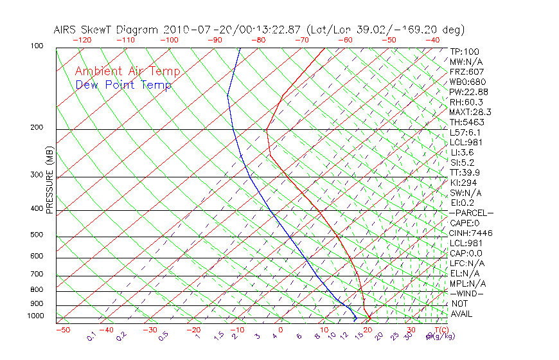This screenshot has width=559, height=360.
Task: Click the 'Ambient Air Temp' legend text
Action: [x=128, y=71]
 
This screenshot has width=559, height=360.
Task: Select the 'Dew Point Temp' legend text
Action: [x=123, y=85]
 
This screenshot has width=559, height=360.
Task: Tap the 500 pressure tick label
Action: [x=37, y=235]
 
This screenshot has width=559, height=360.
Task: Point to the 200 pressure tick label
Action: [x=37, y=127]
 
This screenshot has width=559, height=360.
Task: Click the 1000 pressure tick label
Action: [x=35, y=316]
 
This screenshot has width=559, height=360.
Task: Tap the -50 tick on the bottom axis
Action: [x=62, y=330]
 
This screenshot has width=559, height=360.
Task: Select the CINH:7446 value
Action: [x=471, y=233]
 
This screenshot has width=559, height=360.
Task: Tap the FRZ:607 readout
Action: [x=467, y=71]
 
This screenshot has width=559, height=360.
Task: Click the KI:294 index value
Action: [x=463, y=183]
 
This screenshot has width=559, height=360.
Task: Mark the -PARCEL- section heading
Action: [x=471, y=213]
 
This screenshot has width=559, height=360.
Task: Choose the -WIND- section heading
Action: [x=467, y=293]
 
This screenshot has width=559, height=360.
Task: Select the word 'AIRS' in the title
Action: [x=66, y=30]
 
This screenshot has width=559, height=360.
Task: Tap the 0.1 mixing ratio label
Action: [x=91, y=336]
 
